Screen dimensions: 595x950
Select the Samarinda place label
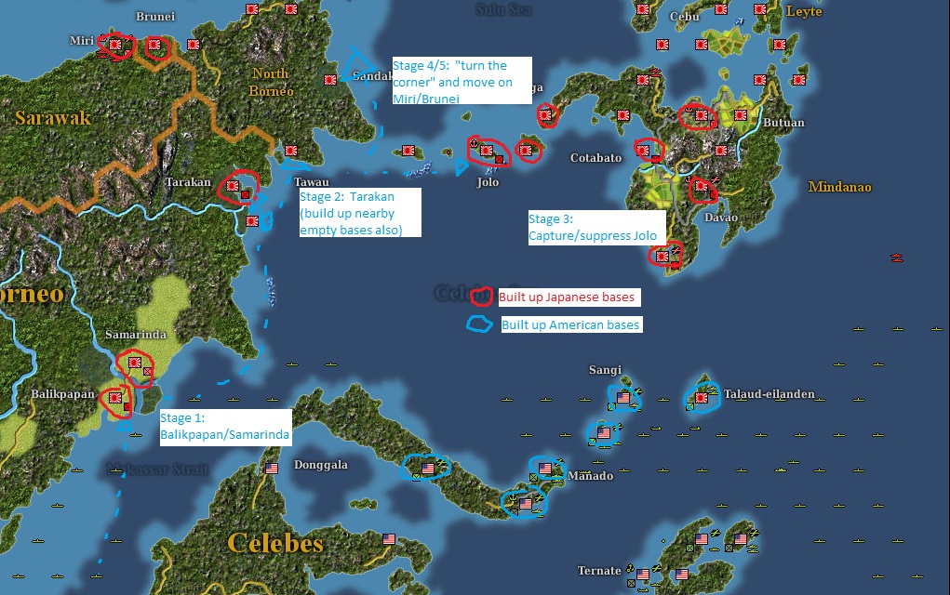136,335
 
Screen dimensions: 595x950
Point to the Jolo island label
488,182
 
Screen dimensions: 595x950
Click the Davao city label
721,218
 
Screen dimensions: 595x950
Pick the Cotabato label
595,158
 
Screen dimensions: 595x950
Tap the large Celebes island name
275,542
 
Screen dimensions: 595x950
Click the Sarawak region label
52,118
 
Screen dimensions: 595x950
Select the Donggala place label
320,464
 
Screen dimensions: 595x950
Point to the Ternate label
598,571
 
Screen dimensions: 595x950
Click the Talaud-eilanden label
769,394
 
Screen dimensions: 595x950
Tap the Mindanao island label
839,187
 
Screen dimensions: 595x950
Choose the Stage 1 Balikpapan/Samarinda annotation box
225,426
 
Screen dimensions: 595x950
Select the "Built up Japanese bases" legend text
567,297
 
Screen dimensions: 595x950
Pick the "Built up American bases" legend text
570,325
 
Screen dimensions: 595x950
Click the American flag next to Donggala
272,469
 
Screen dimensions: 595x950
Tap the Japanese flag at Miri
116,44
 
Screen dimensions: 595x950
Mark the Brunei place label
154,17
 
